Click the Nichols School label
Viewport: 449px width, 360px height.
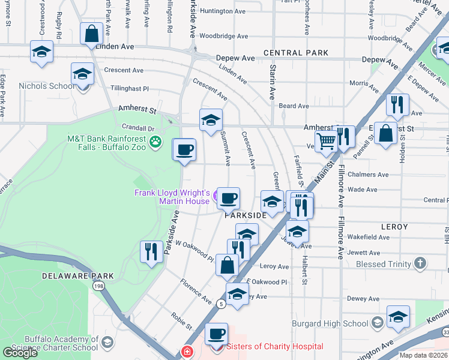(47, 86)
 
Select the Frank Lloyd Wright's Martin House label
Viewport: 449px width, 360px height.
(172, 197)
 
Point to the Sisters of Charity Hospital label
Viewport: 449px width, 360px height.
(274, 347)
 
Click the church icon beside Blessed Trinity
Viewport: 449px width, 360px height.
(420, 263)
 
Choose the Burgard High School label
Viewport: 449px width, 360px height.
(330, 323)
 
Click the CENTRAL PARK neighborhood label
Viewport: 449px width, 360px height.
(295, 53)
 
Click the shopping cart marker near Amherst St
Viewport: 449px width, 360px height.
(326, 142)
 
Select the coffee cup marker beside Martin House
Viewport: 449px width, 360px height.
(228, 197)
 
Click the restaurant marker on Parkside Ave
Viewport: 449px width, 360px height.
(151, 250)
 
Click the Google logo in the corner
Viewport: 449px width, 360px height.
(20, 353)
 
